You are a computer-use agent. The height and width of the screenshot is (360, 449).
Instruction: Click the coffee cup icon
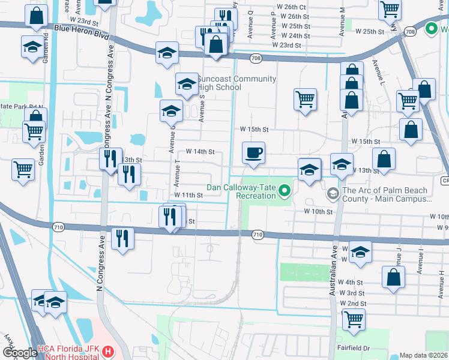(x=253, y=152)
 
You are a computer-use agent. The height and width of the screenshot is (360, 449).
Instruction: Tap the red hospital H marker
(x=107, y=351)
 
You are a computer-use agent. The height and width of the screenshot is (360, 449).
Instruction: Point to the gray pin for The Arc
(x=333, y=194)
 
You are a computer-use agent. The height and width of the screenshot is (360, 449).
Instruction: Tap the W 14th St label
(x=200, y=152)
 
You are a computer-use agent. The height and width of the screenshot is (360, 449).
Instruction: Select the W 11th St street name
(x=188, y=195)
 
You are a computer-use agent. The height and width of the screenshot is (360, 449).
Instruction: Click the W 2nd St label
(x=352, y=304)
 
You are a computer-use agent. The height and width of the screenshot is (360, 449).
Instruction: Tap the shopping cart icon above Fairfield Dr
(x=354, y=320)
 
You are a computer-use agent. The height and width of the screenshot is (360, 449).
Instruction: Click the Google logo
(x=19, y=353)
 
